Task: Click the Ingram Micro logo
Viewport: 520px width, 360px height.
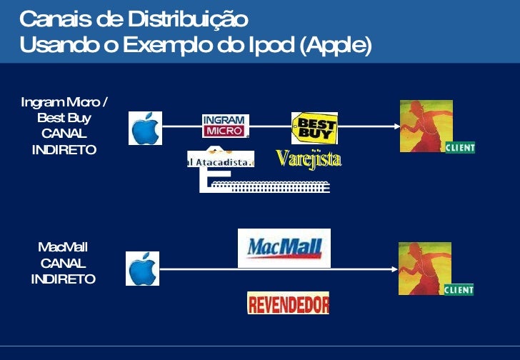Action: click(x=226, y=126)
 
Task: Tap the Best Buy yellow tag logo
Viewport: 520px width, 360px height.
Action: click(x=314, y=129)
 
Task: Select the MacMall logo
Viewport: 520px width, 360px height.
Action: click(x=284, y=248)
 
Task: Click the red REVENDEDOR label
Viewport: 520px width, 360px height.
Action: click(x=288, y=304)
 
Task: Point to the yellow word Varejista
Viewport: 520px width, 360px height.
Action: click(x=309, y=159)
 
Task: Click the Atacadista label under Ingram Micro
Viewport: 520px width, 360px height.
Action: click(x=221, y=161)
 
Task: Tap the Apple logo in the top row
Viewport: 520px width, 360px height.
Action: click(x=145, y=128)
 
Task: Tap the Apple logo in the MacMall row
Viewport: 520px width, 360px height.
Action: click(x=143, y=269)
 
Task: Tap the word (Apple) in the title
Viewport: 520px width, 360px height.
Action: click(x=336, y=45)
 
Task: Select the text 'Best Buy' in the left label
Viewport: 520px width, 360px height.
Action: click(x=64, y=117)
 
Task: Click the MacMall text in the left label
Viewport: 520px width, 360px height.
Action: click(x=63, y=247)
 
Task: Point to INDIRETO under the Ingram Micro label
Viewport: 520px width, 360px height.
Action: click(x=64, y=149)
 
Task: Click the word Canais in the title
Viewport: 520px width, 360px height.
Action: click(x=51, y=17)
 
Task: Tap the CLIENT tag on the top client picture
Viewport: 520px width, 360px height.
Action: click(x=459, y=148)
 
